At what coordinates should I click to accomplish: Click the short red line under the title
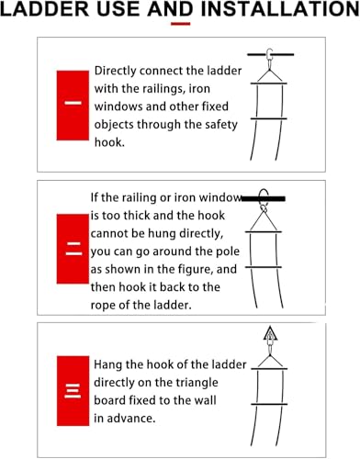(x=180, y=24)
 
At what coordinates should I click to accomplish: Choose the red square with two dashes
(x=73, y=248)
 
